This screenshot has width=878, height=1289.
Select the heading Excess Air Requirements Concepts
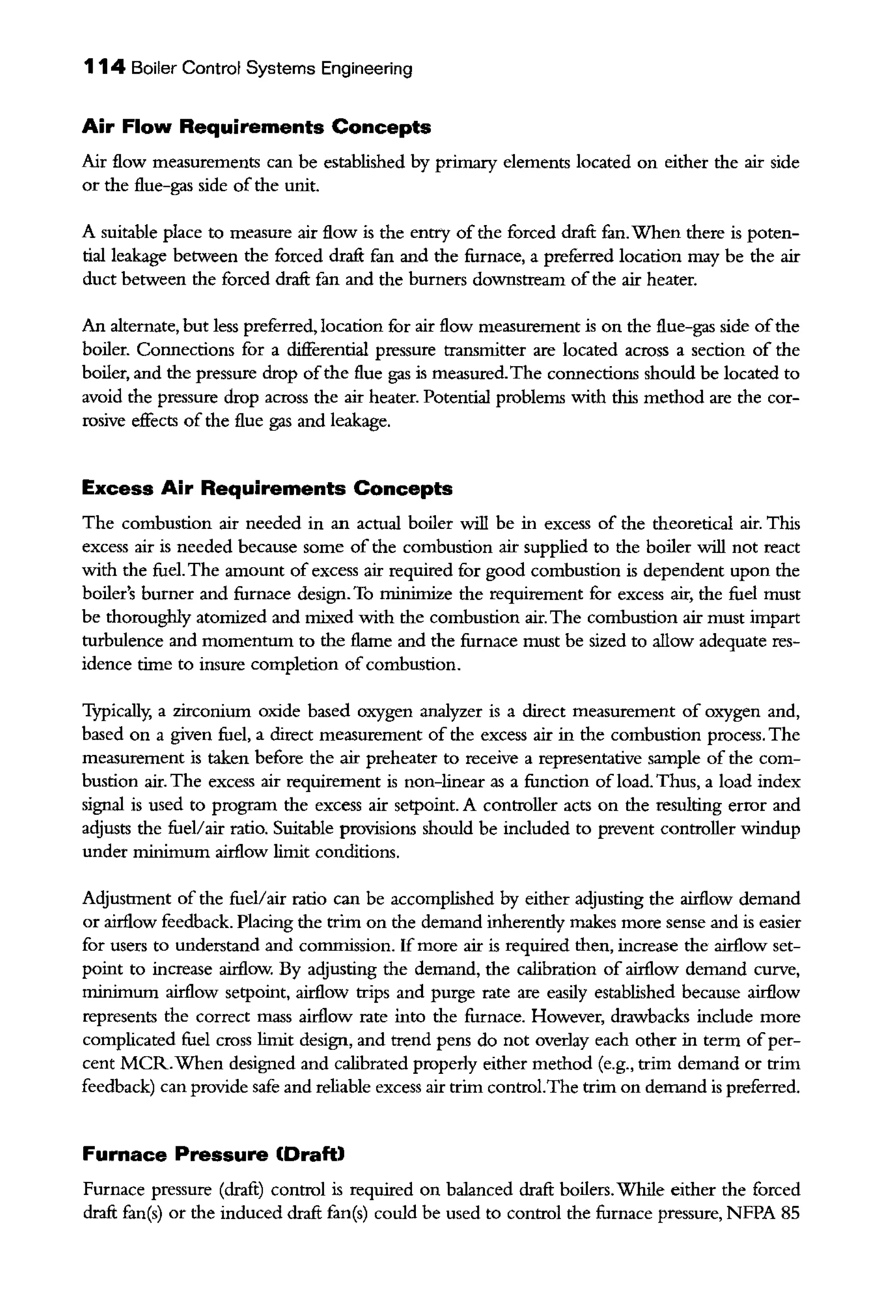pos(267,489)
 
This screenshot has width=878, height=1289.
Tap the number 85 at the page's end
pos(789,1213)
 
